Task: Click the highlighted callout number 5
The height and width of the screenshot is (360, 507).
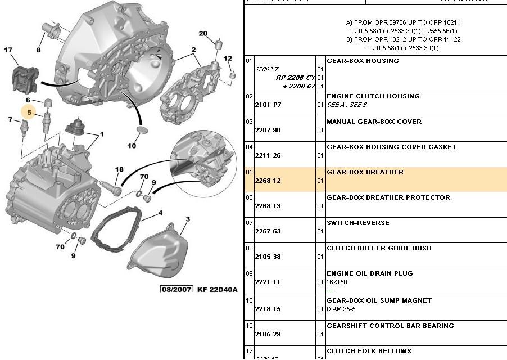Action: click(29, 112)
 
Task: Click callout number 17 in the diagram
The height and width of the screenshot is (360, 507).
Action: click(8, 51)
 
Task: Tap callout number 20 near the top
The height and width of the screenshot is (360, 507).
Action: click(203, 34)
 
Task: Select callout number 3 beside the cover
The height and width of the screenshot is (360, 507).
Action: click(188, 219)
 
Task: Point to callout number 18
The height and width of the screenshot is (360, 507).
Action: click(119, 169)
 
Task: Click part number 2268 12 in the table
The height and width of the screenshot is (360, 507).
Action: click(268, 181)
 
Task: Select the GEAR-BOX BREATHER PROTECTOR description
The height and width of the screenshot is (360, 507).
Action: click(388, 197)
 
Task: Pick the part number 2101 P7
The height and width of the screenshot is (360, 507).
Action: click(268, 105)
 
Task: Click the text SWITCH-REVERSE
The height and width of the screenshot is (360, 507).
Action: click(357, 223)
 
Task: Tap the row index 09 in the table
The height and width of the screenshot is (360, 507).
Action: click(249, 273)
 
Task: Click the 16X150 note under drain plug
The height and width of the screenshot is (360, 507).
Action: click(337, 282)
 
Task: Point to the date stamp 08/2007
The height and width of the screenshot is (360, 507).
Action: click(176, 289)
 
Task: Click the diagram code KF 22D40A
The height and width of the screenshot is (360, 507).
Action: click(217, 289)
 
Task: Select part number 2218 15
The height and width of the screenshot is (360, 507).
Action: click(268, 309)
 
